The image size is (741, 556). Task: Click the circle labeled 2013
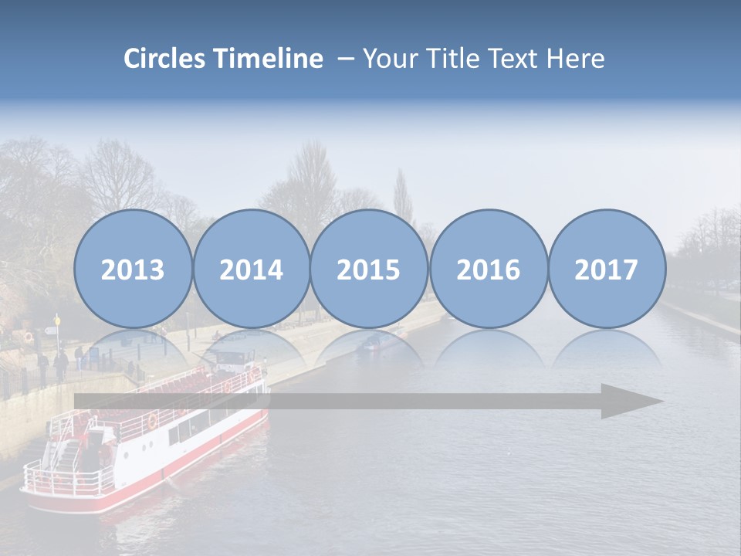click(x=133, y=269)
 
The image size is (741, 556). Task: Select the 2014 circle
click(x=251, y=269)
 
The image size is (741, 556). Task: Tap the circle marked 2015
click(x=369, y=269)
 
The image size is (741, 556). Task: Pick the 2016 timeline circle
click(x=488, y=269)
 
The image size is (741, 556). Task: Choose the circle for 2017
click(x=607, y=269)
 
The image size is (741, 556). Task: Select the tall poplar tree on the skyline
click(x=402, y=197)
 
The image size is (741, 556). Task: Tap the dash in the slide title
click(x=345, y=59)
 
